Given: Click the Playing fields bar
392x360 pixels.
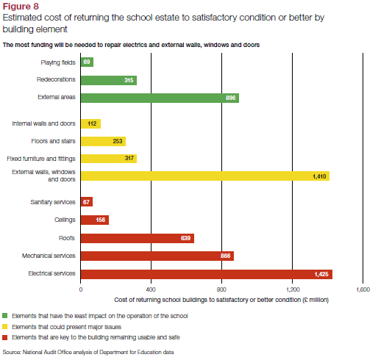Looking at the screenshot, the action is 87,62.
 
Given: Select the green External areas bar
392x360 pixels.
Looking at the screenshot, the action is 160,98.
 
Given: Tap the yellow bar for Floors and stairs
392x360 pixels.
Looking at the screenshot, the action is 103,141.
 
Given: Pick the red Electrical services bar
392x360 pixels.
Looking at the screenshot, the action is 207,274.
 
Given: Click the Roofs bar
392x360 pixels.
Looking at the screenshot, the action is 138,239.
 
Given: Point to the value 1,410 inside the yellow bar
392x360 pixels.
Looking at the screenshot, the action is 319,176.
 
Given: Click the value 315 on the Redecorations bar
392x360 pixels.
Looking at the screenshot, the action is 129,80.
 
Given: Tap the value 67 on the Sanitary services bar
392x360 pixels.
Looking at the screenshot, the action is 86,202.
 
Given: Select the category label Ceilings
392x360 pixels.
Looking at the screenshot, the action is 65,220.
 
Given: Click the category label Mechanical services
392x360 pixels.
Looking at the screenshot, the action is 49,256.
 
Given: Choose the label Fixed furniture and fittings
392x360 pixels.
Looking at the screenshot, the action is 41,159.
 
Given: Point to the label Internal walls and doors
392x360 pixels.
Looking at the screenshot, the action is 43,123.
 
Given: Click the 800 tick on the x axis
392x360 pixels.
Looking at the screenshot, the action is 221,289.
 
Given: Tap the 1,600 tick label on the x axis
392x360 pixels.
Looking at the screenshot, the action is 363,289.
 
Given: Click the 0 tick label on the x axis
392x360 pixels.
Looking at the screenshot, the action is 81,289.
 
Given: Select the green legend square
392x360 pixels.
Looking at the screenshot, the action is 4,316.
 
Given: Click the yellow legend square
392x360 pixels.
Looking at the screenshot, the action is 4,326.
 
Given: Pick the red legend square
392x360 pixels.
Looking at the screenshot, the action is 4,337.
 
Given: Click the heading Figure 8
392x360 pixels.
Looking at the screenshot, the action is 21,6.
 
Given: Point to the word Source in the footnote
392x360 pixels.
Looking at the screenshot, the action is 12,352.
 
